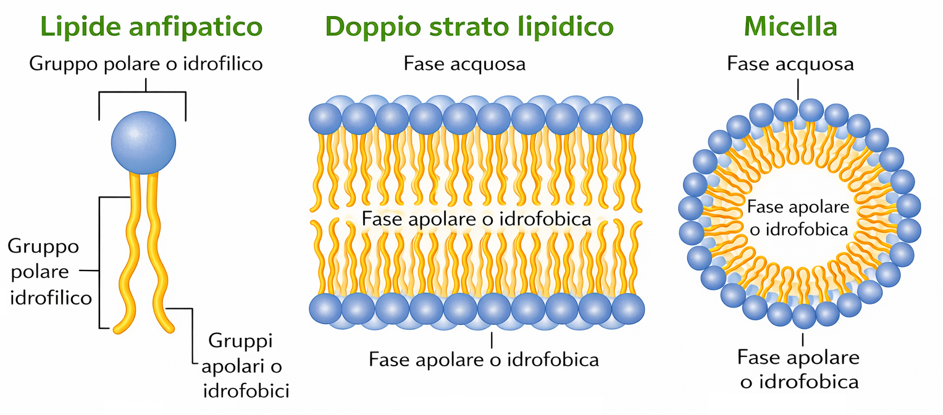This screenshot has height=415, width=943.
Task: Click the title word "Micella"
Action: point(790,27)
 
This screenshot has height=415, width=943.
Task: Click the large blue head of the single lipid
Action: point(143,142)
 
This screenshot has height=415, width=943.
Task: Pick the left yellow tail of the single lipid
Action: point(131,253)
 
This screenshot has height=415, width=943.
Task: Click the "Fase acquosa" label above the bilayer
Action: point(464,64)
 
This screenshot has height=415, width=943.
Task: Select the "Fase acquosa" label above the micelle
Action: point(790,64)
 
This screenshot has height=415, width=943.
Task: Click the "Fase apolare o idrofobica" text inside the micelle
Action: point(798,218)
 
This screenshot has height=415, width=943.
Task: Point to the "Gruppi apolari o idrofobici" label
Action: point(246,366)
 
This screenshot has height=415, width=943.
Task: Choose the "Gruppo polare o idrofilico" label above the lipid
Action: point(146,64)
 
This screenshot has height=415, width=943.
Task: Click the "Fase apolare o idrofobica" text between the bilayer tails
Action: point(476,219)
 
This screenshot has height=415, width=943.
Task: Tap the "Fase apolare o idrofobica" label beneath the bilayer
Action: point(484,359)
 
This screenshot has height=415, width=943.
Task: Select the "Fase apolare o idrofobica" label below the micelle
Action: point(799,369)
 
